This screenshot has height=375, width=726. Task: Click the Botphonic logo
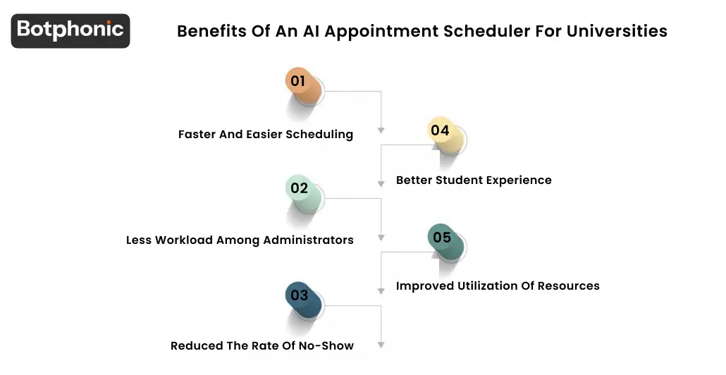pos(70,30)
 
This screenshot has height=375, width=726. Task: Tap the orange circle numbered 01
pos(299,82)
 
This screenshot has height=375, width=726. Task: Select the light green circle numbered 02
pos(300,188)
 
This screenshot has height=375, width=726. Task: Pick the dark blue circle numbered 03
pos(300,295)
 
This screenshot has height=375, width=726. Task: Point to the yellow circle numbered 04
pos(441,130)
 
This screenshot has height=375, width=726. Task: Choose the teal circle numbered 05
pos(442,238)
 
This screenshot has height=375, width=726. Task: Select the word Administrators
pos(309,240)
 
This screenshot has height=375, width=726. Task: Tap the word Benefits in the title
pos(207,31)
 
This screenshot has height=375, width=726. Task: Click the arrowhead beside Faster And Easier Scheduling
pos(381,130)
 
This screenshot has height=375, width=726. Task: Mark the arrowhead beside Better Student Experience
pos(381,183)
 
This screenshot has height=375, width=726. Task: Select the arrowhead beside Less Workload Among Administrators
pos(381,238)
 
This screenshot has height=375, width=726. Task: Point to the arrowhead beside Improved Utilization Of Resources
pos(381,290)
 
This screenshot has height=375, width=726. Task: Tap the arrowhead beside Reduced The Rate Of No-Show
pos(381,345)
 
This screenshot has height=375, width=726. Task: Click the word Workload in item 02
pos(185,240)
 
